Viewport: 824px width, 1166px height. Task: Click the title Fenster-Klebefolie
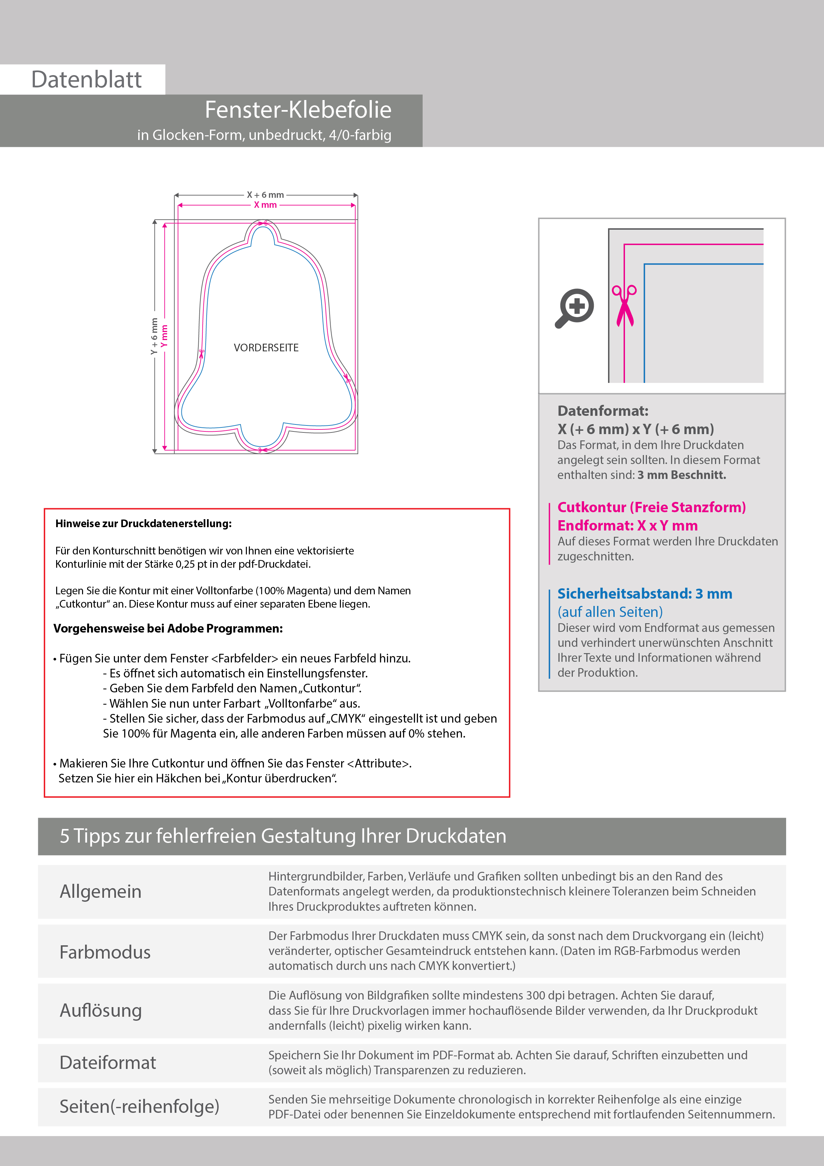298,110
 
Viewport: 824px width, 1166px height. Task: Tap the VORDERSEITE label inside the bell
266,348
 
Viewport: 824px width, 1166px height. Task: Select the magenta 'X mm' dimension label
265,205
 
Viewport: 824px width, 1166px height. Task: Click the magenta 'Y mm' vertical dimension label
164,336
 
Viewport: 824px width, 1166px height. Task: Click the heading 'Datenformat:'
603,411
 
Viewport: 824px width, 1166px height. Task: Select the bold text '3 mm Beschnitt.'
681,475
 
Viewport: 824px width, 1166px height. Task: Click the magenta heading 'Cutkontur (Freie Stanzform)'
651,507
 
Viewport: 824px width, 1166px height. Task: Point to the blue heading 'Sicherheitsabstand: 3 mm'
644,594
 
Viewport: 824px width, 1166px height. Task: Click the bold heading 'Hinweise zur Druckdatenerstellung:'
143,524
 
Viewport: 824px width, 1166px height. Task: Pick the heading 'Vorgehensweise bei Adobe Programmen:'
168,629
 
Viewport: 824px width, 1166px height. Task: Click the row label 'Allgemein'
101,891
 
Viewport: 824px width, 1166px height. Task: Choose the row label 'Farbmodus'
105,952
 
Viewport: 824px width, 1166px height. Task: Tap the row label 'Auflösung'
101,1010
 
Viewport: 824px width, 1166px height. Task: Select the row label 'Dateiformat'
108,1062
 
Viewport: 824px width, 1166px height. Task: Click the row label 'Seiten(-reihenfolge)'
139,1106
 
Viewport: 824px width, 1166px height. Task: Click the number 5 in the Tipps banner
64,836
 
